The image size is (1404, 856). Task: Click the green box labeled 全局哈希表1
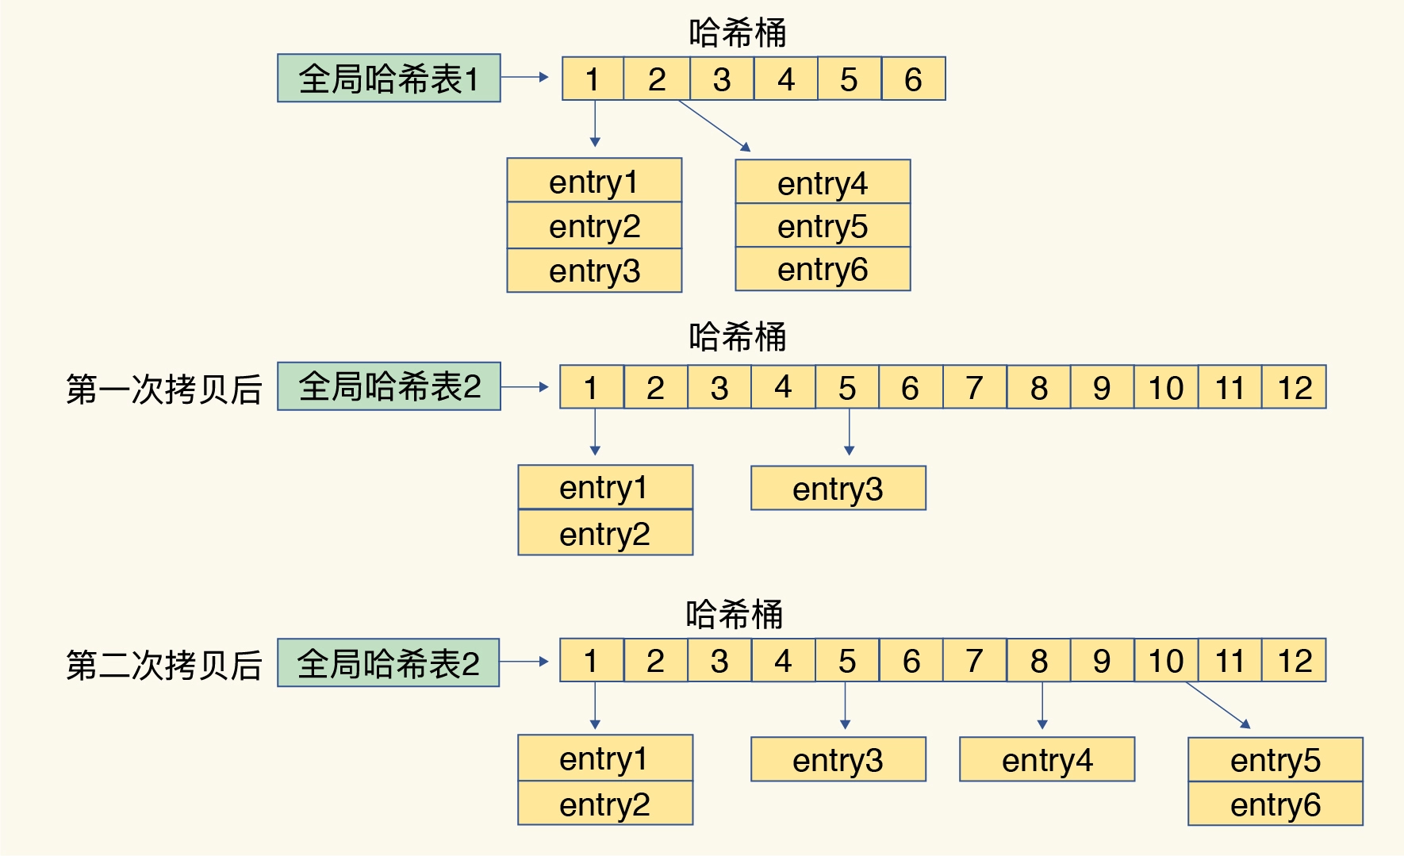389,79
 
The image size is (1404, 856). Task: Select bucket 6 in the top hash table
913,79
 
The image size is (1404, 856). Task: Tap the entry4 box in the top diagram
823,182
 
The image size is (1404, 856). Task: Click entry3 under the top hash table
594,271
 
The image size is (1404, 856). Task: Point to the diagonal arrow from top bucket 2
714,125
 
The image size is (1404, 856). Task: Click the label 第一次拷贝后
163,389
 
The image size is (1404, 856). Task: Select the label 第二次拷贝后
163,665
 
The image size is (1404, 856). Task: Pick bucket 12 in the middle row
1294,388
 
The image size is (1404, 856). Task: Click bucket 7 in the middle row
974,388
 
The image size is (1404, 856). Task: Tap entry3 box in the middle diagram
838,489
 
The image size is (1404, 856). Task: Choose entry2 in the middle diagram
604,533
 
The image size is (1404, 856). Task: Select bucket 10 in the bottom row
1165,661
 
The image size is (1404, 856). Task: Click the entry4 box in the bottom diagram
1046,760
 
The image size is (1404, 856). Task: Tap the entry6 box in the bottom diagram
1275,804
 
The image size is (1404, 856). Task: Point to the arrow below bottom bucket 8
1042,706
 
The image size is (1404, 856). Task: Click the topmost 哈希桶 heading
737,33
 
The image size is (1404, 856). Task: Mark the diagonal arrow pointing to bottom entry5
1218,704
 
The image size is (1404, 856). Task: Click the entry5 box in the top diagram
823,226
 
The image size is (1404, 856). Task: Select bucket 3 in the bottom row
719,661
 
